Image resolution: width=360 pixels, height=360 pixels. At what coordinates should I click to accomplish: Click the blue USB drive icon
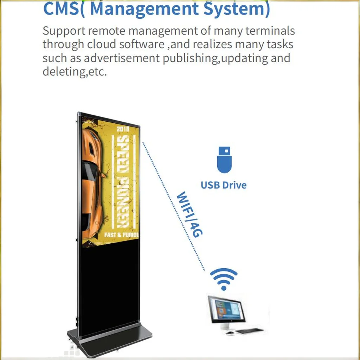coord(224,160)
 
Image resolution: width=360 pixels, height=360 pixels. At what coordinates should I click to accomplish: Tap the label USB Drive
coord(224,185)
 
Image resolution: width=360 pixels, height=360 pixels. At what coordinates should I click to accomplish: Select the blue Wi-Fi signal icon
coord(224,279)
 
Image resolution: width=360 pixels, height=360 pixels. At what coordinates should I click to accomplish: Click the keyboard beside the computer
coord(249,331)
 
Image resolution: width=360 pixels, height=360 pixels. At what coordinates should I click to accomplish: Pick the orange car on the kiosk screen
coord(92,183)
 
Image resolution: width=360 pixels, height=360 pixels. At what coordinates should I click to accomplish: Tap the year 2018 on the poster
coord(123,129)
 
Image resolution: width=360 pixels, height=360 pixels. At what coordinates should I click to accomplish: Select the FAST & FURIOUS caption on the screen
coord(122,234)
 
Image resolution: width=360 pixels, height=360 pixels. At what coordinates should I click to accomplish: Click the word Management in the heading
coord(146,8)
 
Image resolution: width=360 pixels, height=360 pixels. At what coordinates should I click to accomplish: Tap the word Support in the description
coord(64,31)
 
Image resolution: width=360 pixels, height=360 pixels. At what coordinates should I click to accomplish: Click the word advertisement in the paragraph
coord(122,58)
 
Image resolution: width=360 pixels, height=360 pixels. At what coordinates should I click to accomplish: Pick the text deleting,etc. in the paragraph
coord(74,72)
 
